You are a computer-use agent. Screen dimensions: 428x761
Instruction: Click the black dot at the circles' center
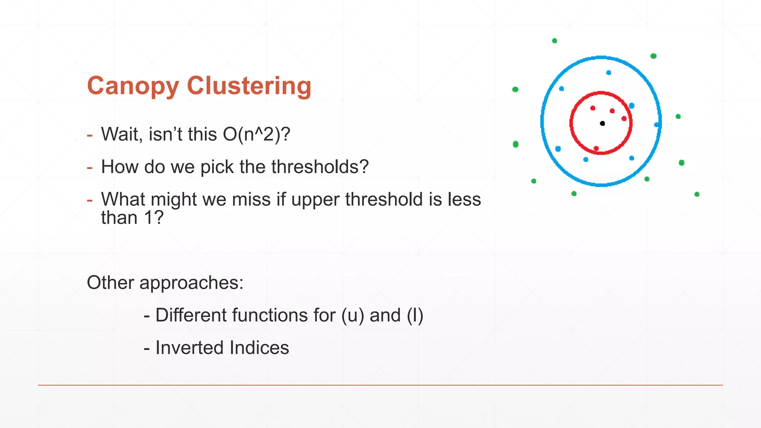pyautogui.click(x=602, y=123)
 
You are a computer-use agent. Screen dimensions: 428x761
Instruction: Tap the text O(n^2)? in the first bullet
pyautogui.click(x=256, y=134)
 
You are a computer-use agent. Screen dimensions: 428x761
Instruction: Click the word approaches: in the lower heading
pyautogui.click(x=191, y=283)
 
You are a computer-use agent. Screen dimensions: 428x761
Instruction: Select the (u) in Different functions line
pyautogui.click(x=353, y=315)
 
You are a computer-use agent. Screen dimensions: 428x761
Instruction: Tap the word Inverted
pyautogui.click(x=189, y=348)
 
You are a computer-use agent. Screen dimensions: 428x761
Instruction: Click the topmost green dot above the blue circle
pyautogui.click(x=554, y=41)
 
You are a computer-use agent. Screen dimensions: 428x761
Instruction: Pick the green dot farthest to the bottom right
pyautogui.click(x=697, y=194)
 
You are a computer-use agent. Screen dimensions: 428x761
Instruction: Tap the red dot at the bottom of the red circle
pyautogui.click(x=596, y=149)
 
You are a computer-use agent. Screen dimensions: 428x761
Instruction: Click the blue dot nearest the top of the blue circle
pyautogui.click(x=609, y=73)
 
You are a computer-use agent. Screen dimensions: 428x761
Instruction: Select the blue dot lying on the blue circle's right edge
pyautogui.click(x=657, y=125)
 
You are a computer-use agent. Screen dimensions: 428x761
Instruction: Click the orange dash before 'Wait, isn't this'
pyautogui.click(x=90, y=135)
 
